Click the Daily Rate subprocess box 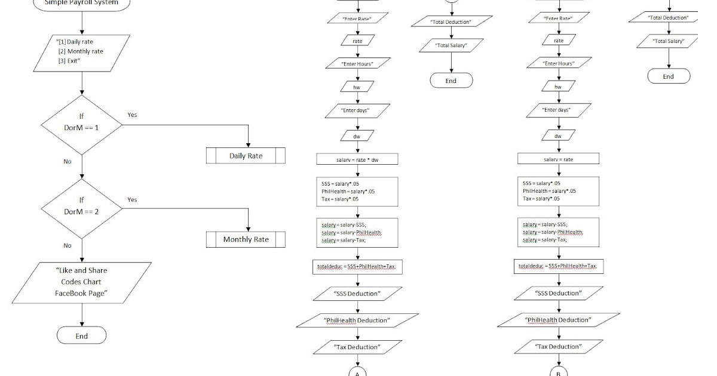click(246, 156)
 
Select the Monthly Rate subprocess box click(246, 239)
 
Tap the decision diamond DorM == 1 click(81, 124)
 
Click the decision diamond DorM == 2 click(81, 209)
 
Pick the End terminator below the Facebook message click(81, 335)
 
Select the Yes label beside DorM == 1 click(132, 115)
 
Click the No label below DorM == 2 click(68, 245)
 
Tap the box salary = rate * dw click(357, 159)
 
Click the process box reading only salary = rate click(558, 159)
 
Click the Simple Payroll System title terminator click(81, 4)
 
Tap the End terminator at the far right click(669, 76)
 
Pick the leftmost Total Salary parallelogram click(451, 45)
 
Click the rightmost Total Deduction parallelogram click(669, 18)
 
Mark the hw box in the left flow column click(357, 87)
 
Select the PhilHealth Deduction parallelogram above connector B click(558, 320)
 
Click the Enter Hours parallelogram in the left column click(357, 63)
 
